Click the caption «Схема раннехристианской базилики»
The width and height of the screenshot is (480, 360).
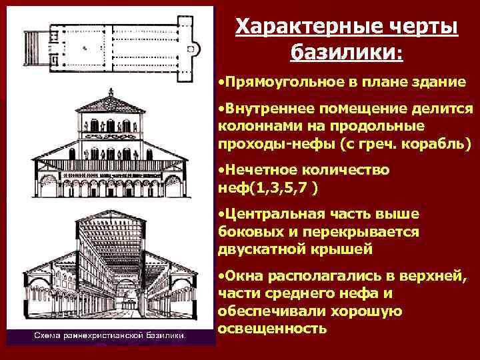[111, 335]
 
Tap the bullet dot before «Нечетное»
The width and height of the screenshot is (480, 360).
[221, 171]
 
